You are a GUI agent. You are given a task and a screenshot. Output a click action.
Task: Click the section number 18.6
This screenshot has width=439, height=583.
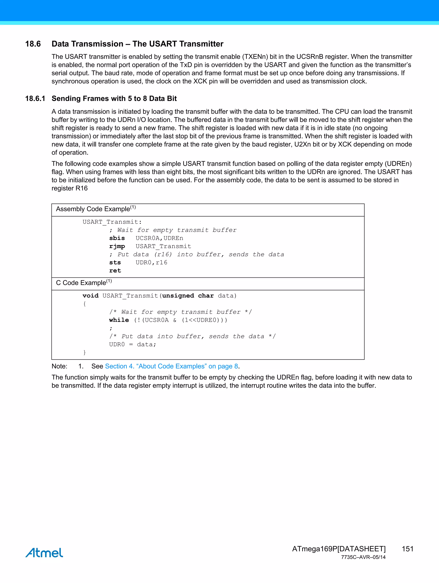point(33,44)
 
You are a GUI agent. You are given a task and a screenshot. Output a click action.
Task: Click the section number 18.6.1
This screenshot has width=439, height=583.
point(35,99)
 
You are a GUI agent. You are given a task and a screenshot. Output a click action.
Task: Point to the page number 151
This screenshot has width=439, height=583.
point(407,549)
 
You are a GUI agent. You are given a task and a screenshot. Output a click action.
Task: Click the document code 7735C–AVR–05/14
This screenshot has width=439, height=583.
point(363,557)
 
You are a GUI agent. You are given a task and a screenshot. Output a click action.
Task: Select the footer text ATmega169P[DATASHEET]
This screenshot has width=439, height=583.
point(339,549)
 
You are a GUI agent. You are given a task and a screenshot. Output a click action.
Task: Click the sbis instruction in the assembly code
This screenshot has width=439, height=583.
point(117,238)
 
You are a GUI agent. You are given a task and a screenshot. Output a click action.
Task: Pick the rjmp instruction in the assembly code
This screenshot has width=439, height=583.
point(117,246)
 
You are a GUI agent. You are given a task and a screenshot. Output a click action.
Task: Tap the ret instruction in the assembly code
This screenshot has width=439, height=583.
point(115,271)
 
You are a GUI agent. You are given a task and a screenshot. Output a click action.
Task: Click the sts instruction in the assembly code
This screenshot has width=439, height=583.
point(115,262)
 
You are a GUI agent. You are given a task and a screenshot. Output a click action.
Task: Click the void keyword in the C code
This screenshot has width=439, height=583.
point(90,296)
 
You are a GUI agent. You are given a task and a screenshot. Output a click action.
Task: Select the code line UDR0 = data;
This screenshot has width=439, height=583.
point(132,345)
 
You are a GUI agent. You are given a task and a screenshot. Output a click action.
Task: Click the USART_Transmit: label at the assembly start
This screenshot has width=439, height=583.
point(112,222)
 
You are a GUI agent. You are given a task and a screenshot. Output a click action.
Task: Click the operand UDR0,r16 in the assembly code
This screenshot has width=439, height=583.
point(151,262)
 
